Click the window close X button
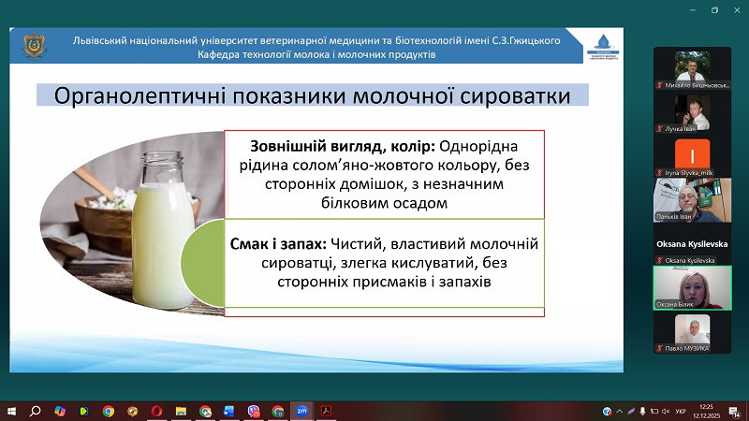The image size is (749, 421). [738, 9]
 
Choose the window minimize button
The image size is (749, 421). [688, 9]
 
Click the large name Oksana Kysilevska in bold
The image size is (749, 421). [692, 243]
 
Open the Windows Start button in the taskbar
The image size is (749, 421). [12, 410]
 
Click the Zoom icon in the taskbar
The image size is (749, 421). [301, 410]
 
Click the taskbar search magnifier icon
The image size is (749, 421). [36, 410]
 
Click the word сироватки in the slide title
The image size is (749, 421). [521, 96]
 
